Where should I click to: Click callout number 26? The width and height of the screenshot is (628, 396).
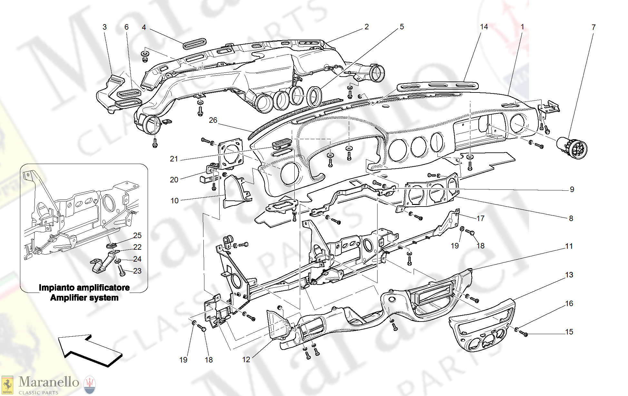coord(213,120)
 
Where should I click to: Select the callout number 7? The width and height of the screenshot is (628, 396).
coord(593,27)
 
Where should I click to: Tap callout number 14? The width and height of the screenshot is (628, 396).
coord(484,27)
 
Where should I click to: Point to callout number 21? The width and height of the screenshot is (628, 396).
coord(174,159)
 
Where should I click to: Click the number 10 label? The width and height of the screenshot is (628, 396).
coord(174,201)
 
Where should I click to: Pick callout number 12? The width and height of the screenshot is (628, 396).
coord(246,360)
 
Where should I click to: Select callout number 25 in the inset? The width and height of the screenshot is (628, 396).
coord(137,236)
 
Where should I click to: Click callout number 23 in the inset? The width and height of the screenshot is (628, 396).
coord(137,271)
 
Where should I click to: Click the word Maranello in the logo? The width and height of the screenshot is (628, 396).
coord(49,382)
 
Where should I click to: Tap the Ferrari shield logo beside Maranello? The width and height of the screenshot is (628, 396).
coord(7,385)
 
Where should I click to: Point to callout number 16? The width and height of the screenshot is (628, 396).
coord(569,304)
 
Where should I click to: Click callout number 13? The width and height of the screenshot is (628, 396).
coord(569,275)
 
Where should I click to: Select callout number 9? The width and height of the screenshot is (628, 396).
coord(572,189)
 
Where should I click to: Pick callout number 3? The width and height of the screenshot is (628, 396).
coord(104,27)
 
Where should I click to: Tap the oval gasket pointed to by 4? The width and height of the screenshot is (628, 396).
coord(194,43)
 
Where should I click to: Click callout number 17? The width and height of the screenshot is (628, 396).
coord(480,218)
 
